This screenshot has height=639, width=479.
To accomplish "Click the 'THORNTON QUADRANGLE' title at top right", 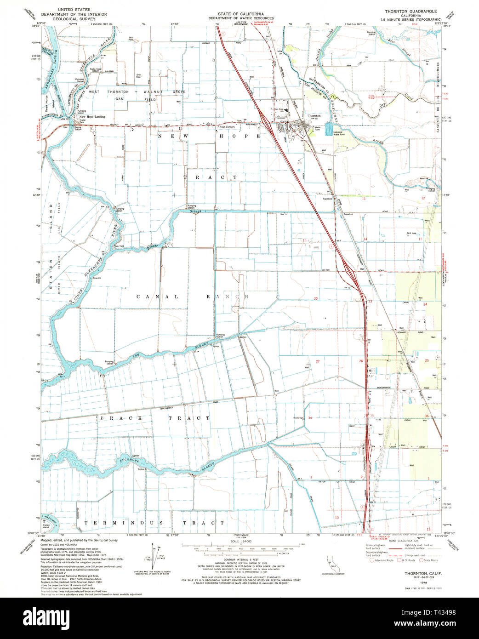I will [411, 10].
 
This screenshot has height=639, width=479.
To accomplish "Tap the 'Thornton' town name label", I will [314, 116].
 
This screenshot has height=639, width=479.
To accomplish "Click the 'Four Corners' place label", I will [227, 127].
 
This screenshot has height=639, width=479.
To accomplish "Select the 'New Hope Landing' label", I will [94, 116].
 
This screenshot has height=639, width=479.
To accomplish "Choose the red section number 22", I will [315, 298].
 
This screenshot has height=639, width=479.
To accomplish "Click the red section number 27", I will [317, 361].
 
